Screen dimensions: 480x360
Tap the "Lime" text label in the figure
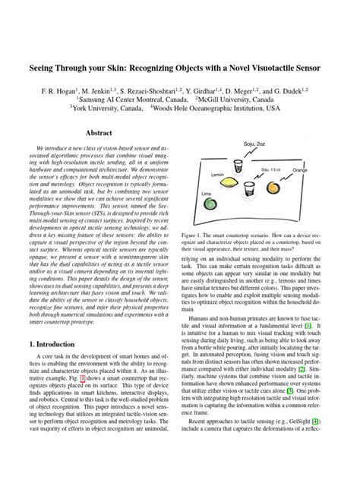pyautogui.click(x=206, y=194)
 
